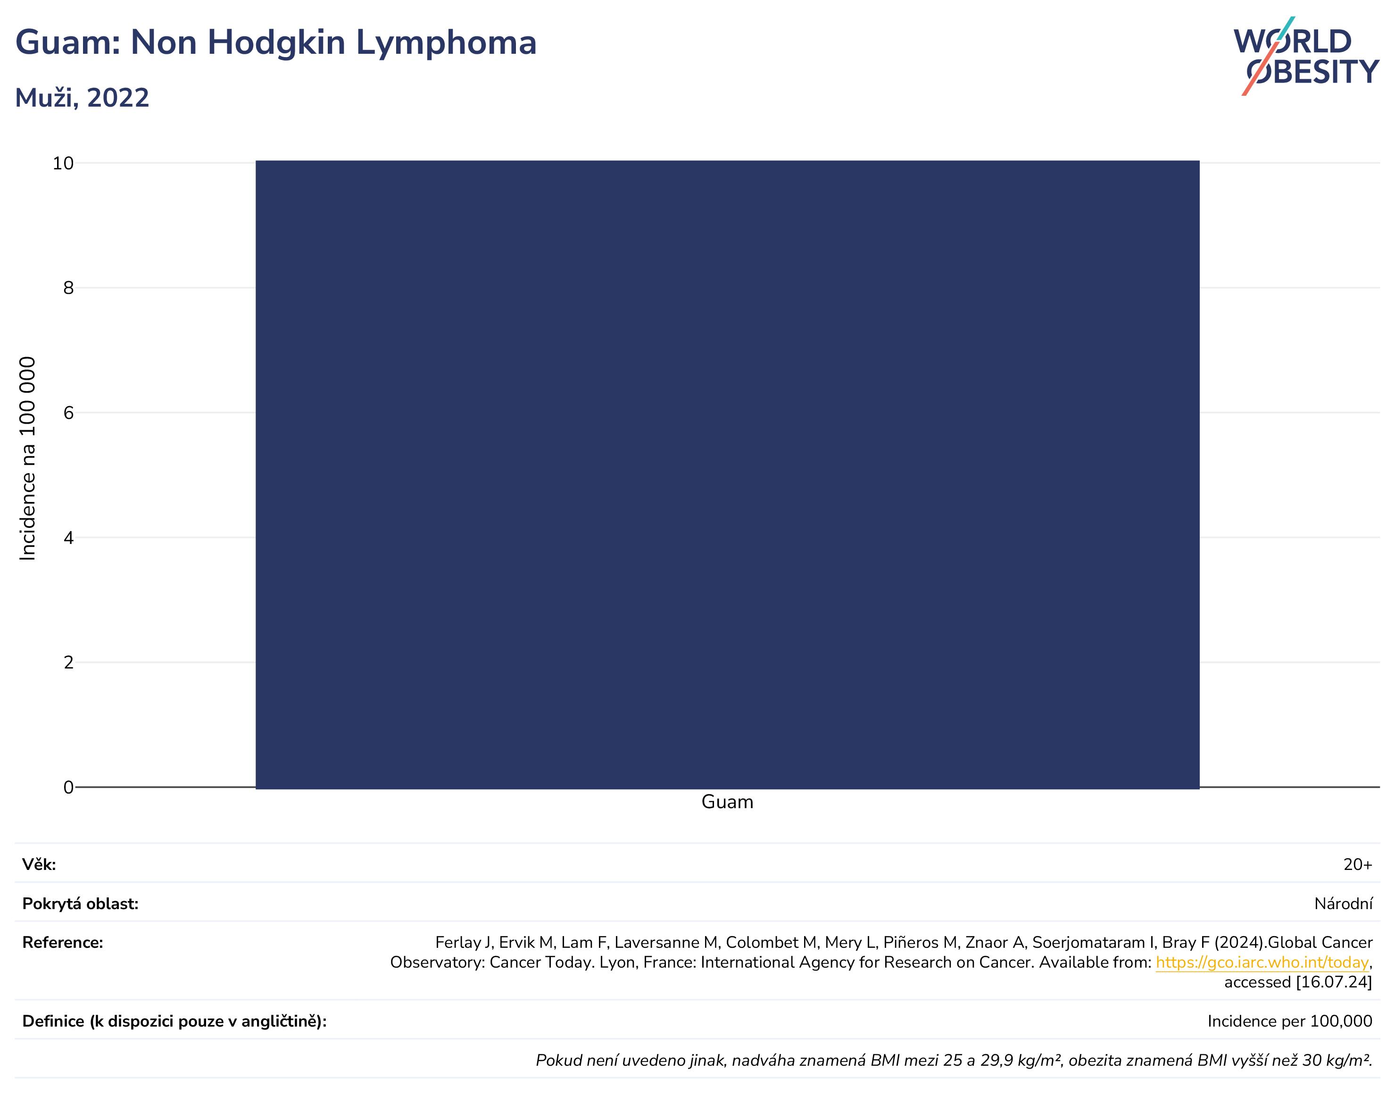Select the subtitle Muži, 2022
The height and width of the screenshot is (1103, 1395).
(82, 98)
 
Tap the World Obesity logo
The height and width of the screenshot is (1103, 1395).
(1306, 56)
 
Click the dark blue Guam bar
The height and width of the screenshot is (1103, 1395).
(728, 475)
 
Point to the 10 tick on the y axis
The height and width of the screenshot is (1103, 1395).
(63, 163)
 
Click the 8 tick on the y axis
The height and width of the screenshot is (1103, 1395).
(68, 288)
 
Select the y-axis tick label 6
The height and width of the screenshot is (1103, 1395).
(68, 413)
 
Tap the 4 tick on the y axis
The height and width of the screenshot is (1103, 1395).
(68, 538)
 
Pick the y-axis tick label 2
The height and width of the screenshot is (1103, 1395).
(68, 662)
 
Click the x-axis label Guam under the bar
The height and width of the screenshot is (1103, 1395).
(728, 802)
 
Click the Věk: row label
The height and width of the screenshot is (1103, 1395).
(39, 865)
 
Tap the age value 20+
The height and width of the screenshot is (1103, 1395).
(1358, 865)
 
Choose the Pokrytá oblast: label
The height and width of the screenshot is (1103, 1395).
(81, 904)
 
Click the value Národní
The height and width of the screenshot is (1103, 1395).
(1343, 904)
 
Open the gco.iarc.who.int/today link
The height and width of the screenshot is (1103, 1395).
(1262, 963)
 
